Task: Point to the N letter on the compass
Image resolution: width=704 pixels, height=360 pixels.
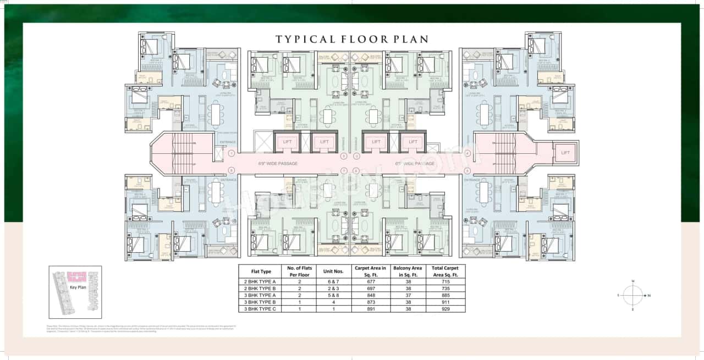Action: click(x=649, y=296)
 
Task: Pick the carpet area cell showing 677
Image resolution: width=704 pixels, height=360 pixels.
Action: click(x=370, y=281)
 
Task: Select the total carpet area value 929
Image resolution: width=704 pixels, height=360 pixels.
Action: click(x=445, y=309)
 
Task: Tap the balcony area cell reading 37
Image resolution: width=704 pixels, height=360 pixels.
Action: click(x=408, y=295)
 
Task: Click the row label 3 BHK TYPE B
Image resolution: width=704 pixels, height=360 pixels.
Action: click(x=261, y=302)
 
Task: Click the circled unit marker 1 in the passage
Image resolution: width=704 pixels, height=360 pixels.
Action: click(x=232, y=153)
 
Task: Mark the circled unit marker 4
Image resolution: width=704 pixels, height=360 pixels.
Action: click(x=468, y=153)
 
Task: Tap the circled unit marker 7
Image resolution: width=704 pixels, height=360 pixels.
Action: click(x=344, y=170)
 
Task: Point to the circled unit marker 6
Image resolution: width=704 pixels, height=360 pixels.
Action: click(x=357, y=170)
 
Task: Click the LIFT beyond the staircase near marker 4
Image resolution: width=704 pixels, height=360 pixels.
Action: click(x=564, y=153)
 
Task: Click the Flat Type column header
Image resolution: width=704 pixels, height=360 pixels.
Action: click(x=261, y=271)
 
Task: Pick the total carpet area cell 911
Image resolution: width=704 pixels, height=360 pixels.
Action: click(x=445, y=302)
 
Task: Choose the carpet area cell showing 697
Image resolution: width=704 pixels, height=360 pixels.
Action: click(x=370, y=288)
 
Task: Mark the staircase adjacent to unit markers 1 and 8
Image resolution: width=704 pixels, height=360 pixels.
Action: click(x=183, y=154)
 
